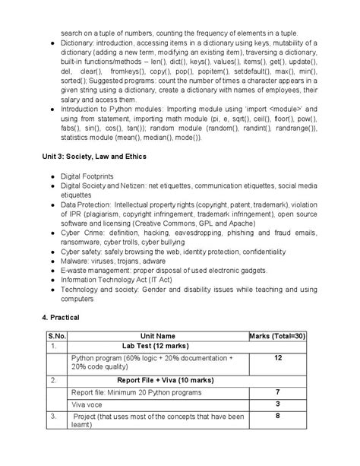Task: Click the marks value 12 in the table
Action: [278, 357]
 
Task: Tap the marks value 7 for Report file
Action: [278, 392]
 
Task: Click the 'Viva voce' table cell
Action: [90, 404]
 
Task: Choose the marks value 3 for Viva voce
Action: [278, 404]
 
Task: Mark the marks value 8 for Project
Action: [278, 416]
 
